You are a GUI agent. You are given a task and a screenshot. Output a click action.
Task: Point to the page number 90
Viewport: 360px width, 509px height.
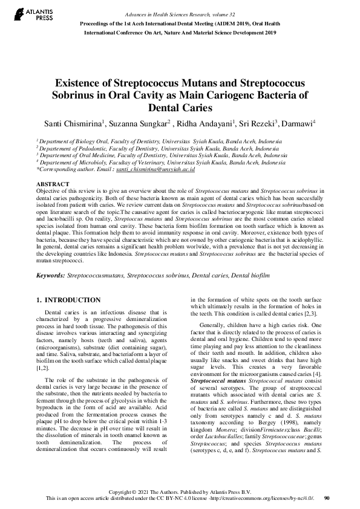coord(327,498)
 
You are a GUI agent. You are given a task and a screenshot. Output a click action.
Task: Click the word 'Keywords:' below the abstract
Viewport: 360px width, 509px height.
coord(51,275)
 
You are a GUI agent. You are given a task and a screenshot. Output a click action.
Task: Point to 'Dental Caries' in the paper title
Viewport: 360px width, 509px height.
coord(180,109)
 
